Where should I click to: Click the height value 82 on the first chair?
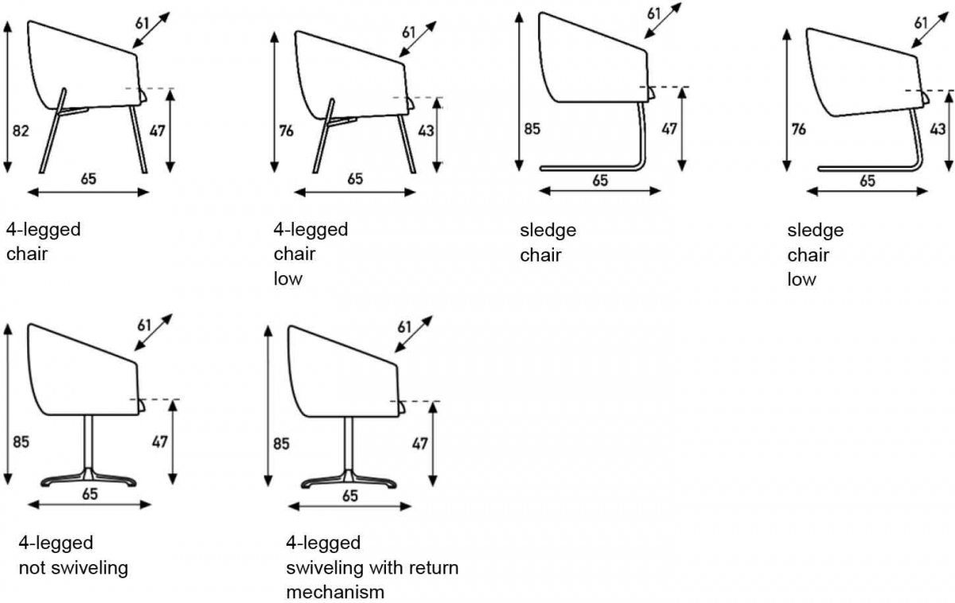pos(21,130)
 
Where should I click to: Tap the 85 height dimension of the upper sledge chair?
pos(532,129)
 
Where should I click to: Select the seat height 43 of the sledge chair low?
pos(937,129)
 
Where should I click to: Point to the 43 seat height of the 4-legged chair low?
pos(426,130)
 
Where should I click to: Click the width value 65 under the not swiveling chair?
pos(90,494)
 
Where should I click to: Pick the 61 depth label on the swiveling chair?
pos(404,327)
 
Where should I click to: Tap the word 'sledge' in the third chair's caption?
pos(548,231)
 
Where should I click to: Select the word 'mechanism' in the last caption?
pos(335,592)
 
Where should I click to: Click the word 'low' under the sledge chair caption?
pos(801,279)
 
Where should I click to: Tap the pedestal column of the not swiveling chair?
pos(88,442)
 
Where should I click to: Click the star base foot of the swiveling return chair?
pos(349,480)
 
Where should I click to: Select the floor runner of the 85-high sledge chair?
pos(591,168)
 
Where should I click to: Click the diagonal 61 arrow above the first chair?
pos(151,29)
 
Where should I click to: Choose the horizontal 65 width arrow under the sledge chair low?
pos(867,192)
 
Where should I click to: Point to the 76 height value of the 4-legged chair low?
pos(286,130)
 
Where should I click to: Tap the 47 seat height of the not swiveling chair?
pos(159,442)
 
